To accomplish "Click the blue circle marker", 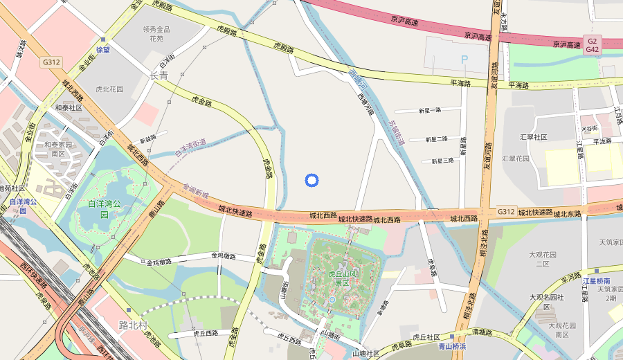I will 311,181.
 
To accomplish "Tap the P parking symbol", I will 464,60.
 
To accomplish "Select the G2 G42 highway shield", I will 592,45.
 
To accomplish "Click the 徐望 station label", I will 103,50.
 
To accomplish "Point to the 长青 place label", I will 159,75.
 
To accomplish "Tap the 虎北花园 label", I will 109,89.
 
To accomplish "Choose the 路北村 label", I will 133,325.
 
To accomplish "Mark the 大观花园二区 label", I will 538,260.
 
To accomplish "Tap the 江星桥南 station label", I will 596,281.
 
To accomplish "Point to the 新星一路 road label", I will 429,110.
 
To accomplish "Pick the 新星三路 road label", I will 442,161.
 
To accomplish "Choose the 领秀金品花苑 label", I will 156,34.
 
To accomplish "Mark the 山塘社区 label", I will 365,353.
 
